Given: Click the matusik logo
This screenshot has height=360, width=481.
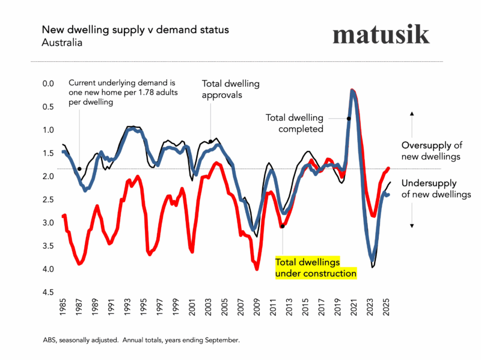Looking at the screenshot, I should [381, 35].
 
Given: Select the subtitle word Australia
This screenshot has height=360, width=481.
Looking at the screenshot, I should [61, 43].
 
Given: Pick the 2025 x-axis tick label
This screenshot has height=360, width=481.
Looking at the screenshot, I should [386, 308].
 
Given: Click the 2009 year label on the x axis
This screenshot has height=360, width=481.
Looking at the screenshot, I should [257, 308].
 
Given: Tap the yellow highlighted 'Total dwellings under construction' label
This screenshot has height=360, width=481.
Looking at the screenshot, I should [315, 268].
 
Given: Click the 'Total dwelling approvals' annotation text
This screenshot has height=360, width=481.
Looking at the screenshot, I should [222, 89].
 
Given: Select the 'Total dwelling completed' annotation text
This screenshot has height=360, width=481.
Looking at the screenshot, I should [295, 123].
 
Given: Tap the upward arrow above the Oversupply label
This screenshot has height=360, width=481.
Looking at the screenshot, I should [412, 114].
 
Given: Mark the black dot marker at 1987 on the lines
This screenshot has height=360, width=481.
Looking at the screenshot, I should [79, 169].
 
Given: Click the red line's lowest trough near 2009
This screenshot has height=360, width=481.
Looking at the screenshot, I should [257, 269].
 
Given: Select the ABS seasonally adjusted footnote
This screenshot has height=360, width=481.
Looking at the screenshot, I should [141, 340].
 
